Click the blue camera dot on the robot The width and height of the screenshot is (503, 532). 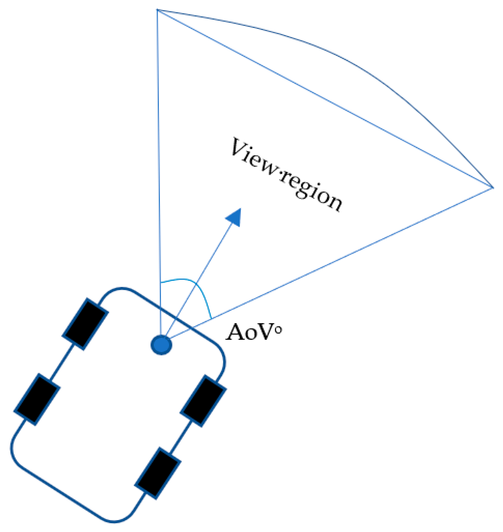(161, 345)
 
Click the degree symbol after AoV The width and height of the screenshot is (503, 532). (279, 330)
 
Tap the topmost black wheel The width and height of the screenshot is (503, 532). (85, 324)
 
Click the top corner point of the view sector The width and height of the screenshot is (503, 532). (157, 10)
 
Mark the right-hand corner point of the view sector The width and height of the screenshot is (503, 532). (493, 187)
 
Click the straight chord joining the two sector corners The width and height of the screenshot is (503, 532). (326, 99)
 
